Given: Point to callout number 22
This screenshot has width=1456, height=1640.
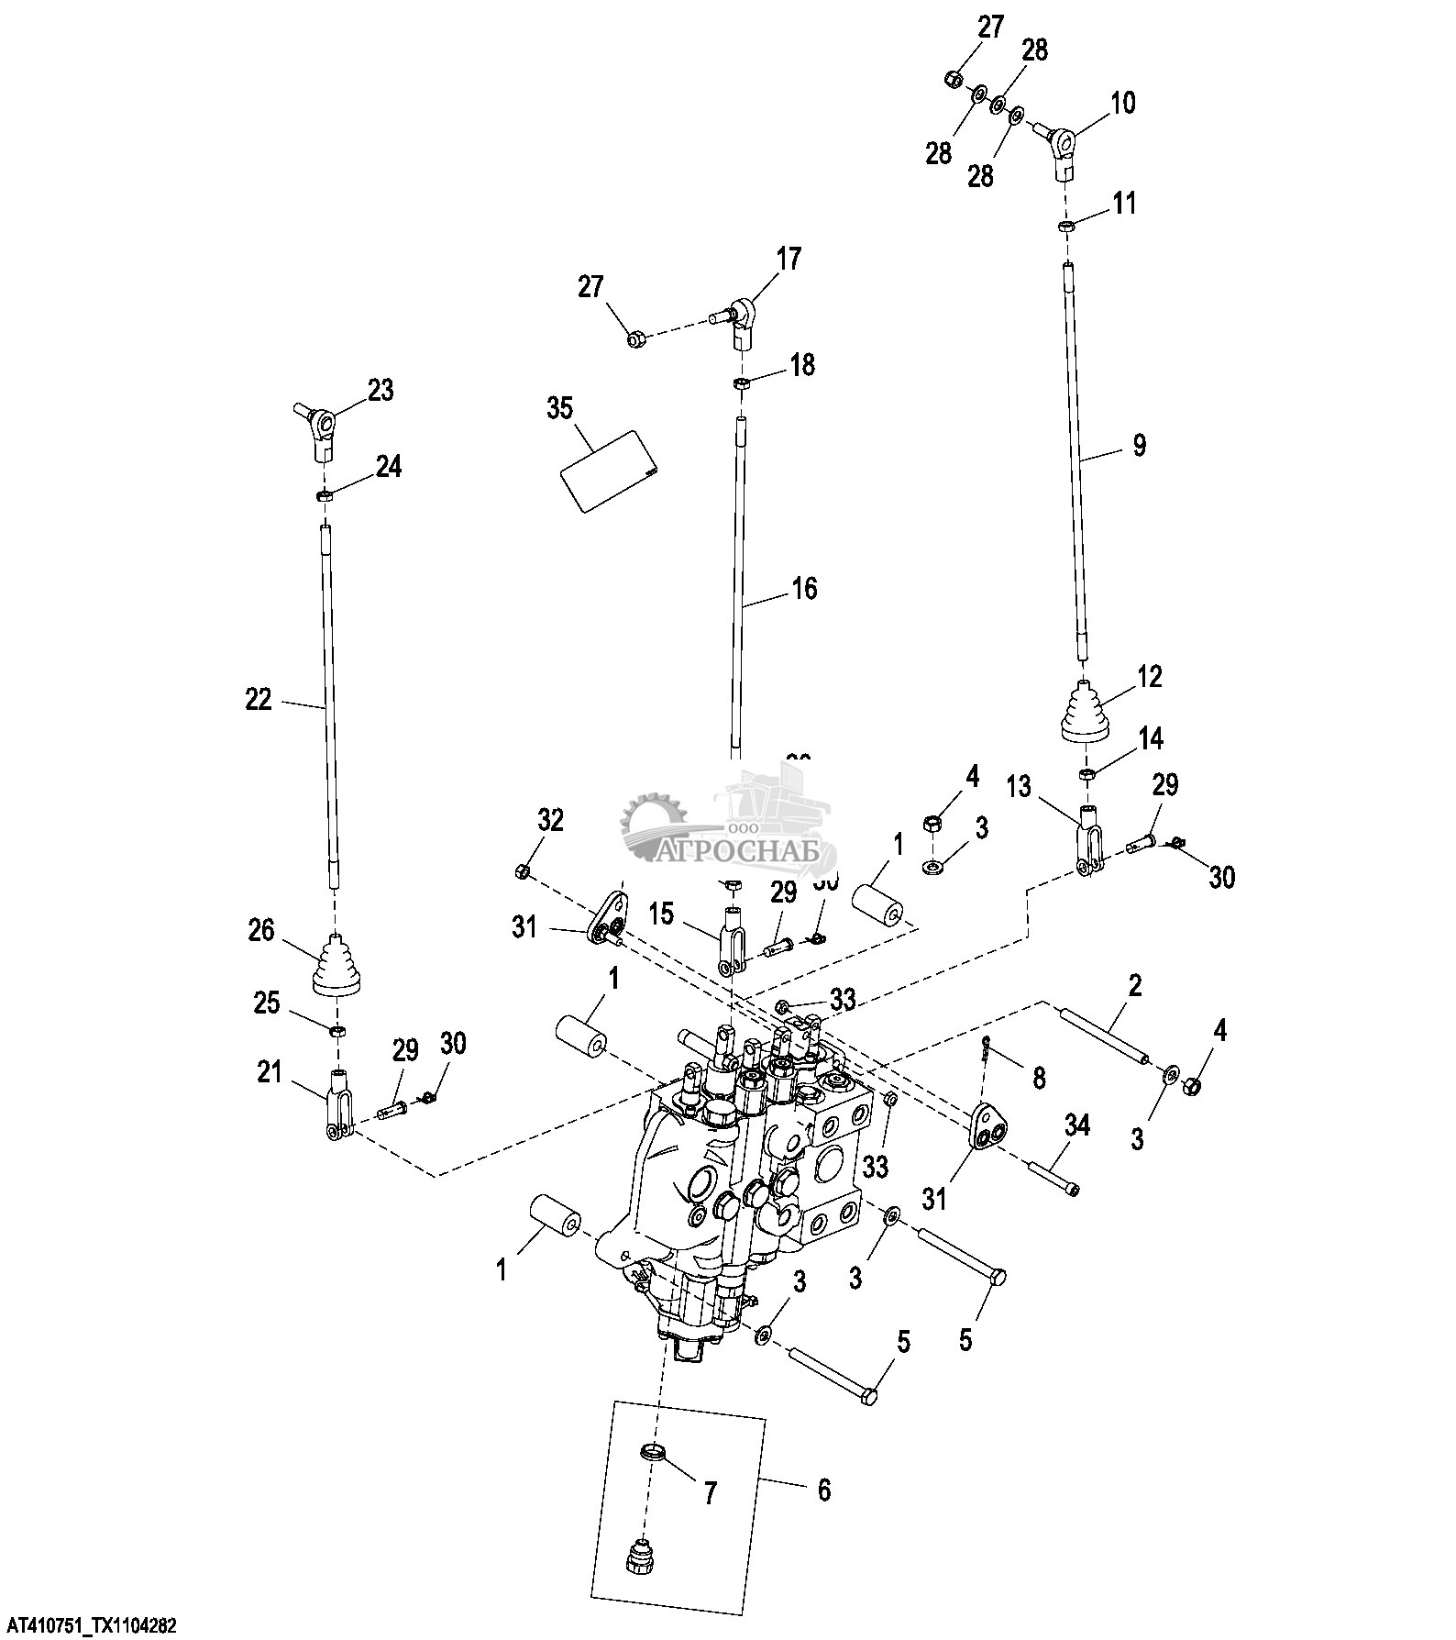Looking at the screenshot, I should [259, 700].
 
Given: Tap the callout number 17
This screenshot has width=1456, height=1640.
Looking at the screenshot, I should [789, 259].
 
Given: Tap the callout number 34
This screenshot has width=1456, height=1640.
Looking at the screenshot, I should [1077, 1125].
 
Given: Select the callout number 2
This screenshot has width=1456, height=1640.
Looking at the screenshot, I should [1134, 987].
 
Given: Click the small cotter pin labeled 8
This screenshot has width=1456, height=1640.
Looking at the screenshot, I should [985, 1045].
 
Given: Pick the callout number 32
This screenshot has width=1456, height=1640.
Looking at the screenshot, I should [550, 820].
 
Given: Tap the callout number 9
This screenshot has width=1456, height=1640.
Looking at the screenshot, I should [1139, 446].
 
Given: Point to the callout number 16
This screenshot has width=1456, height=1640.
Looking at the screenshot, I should [804, 588].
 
